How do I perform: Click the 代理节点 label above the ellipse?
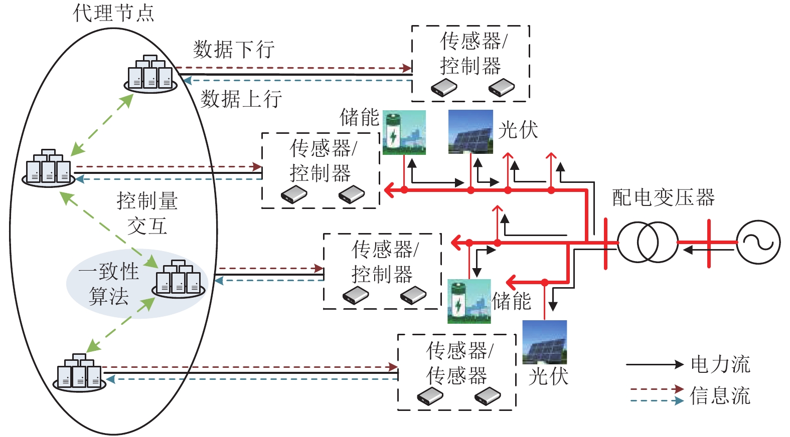[114, 13]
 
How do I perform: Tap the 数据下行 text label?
[234, 50]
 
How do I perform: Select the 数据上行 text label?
[241, 99]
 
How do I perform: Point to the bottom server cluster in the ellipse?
[79, 373]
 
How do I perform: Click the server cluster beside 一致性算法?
[179, 279]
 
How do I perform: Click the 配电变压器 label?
[663, 198]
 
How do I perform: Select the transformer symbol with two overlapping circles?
[647, 243]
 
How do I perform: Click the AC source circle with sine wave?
[758, 243]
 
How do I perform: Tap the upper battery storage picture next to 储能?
[404, 132]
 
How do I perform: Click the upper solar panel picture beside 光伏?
[470, 131]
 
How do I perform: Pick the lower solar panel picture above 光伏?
[544, 342]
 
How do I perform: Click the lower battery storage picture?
[468, 301]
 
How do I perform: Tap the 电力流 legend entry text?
[720, 364]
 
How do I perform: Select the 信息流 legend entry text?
[720, 396]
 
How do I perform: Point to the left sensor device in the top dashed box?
[444, 88]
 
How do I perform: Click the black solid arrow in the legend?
[654, 365]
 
